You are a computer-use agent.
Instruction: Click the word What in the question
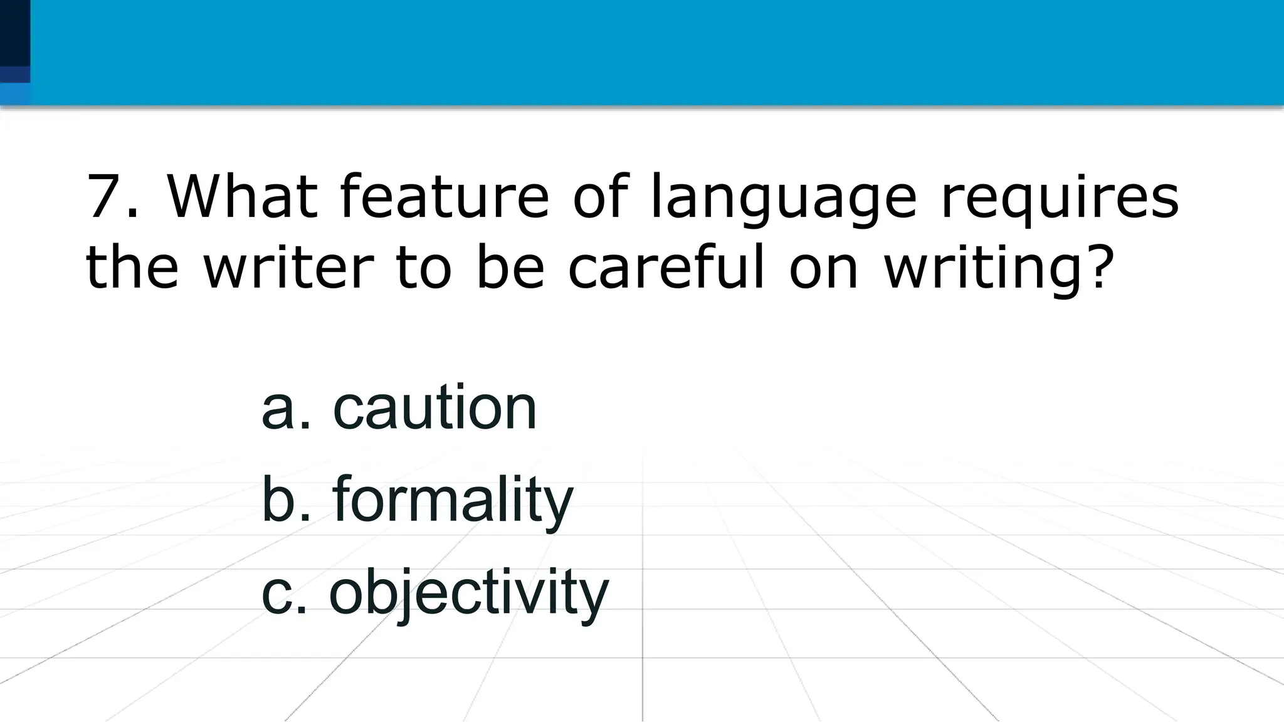pos(241,197)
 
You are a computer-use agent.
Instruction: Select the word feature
pos(445,197)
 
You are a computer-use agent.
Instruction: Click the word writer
pos(289,268)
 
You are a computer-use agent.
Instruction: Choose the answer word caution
pos(434,408)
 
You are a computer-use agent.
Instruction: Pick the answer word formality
pos(453,500)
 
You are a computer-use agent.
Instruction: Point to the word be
pos(510,268)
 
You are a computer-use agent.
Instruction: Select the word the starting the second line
pos(132,268)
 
